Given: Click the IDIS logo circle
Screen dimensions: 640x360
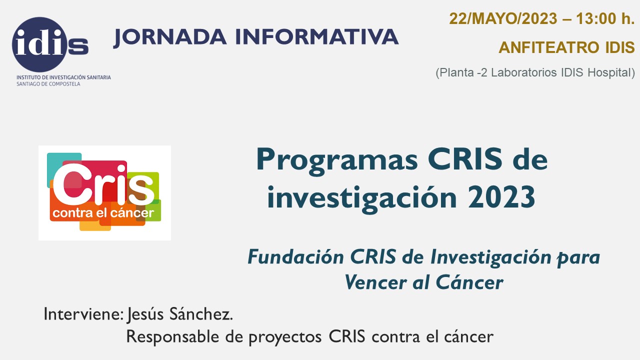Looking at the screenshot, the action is pos(39,44).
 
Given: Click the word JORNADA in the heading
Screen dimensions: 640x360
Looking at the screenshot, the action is pos(169,37).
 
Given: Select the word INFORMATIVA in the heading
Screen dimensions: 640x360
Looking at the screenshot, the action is pos(317,36).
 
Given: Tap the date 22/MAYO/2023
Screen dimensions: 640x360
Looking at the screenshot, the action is pos(503,19).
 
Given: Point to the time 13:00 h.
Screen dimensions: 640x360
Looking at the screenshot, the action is pos(605,19).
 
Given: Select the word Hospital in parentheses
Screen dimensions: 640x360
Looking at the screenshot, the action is pos(611,72).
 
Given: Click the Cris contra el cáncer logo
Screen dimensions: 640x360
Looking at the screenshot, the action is pos(104,193).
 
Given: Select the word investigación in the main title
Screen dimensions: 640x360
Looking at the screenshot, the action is pos(362,199).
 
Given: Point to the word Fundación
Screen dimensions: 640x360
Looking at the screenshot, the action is pos(295,257).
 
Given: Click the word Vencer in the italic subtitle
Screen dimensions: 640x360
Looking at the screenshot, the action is pos(375,282).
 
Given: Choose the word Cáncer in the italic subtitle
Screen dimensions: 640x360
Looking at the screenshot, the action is pos(469,282).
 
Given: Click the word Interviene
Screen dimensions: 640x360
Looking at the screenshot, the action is pos(83,314).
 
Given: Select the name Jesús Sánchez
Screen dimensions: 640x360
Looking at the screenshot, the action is pos(180,314).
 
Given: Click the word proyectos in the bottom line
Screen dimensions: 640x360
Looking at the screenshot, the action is pos(285,337).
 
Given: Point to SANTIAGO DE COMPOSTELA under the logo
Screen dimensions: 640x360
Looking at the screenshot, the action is pos(48,84).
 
